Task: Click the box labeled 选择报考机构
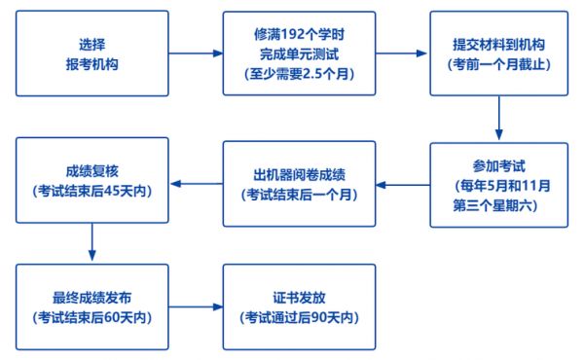pyautogui.click(x=91, y=54)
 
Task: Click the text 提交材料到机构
pyautogui.click(x=499, y=44)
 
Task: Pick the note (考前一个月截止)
pyautogui.click(x=499, y=63)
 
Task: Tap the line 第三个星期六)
pyautogui.click(x=499, y=204)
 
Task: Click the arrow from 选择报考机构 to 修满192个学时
pyautogui.click(x=195, y=54)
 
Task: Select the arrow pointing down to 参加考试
pyautogui.click(x=499, y=119)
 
